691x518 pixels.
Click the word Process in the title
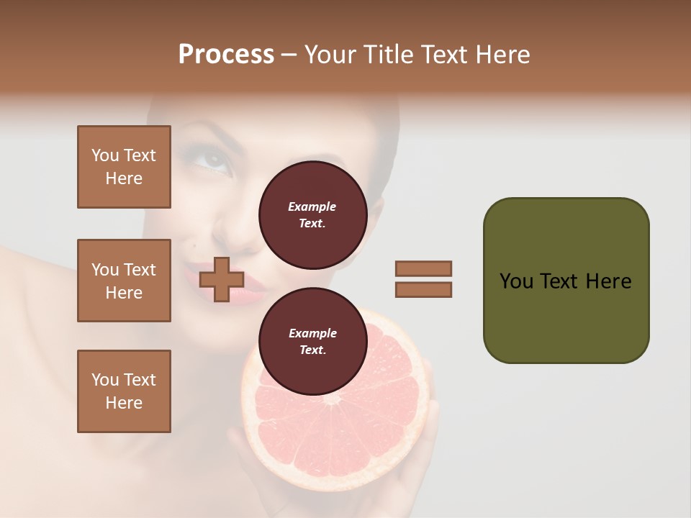(x=226, y=55)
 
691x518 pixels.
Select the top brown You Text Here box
(x=124, y=167)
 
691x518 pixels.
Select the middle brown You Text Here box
(x=124, y=281)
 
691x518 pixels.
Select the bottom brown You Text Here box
(x=124, y=391)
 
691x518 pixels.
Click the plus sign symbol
(x=222, y=279)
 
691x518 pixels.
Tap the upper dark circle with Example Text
(x=312, y=215)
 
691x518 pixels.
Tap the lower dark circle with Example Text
(x=312, y=342)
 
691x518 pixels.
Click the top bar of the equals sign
(x=423, y=268)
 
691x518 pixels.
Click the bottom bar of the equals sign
(x=423, y=289)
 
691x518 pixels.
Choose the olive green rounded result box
(x=566, y=281)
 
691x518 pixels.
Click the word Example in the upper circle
(x=312, y=206)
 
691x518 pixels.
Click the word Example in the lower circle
(x=312, y=333)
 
